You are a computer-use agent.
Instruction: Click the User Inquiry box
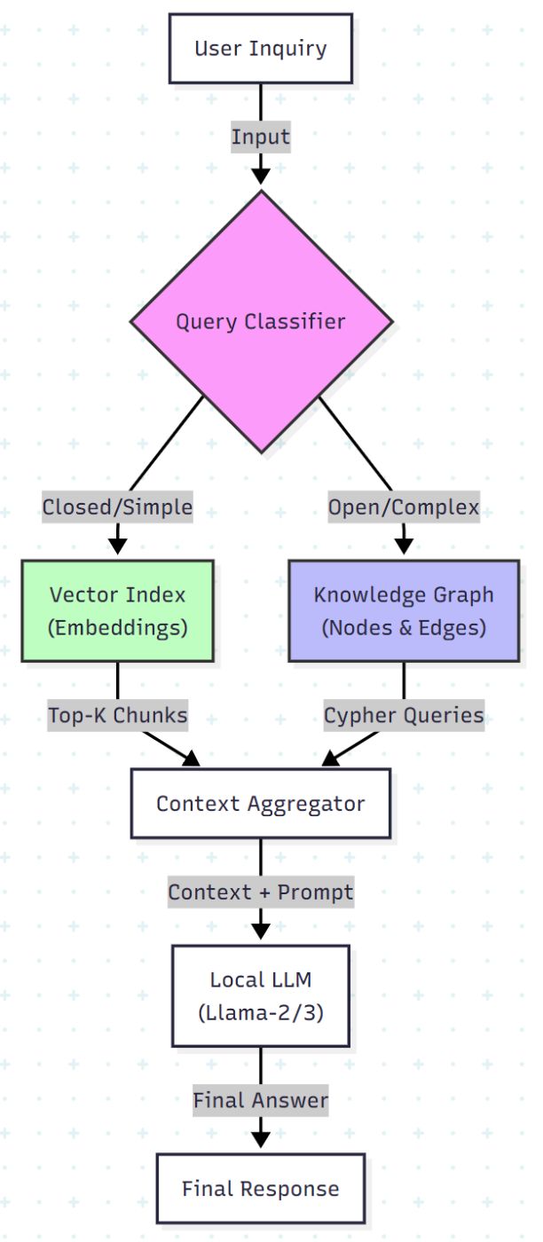260,48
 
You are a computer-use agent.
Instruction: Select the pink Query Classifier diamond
261,321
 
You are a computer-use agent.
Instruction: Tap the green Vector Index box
117,610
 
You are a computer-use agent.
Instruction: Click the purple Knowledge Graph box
404,610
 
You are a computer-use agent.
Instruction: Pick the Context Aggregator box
260,803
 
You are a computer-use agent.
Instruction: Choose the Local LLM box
260,995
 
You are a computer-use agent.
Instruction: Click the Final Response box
260,1188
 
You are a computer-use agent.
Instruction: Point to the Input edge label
260,138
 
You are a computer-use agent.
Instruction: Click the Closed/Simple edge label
117,507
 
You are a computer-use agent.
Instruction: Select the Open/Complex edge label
404,507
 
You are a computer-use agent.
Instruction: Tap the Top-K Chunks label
117,715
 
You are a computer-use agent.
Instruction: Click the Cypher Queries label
404,715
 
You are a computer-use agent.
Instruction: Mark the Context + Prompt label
260,892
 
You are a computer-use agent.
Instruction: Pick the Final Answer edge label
260,1100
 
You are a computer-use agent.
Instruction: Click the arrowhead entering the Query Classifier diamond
260,176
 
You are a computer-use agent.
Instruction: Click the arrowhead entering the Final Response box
260,1139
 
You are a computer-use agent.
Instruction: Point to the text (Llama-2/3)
260,1010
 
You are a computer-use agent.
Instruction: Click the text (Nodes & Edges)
404,627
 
